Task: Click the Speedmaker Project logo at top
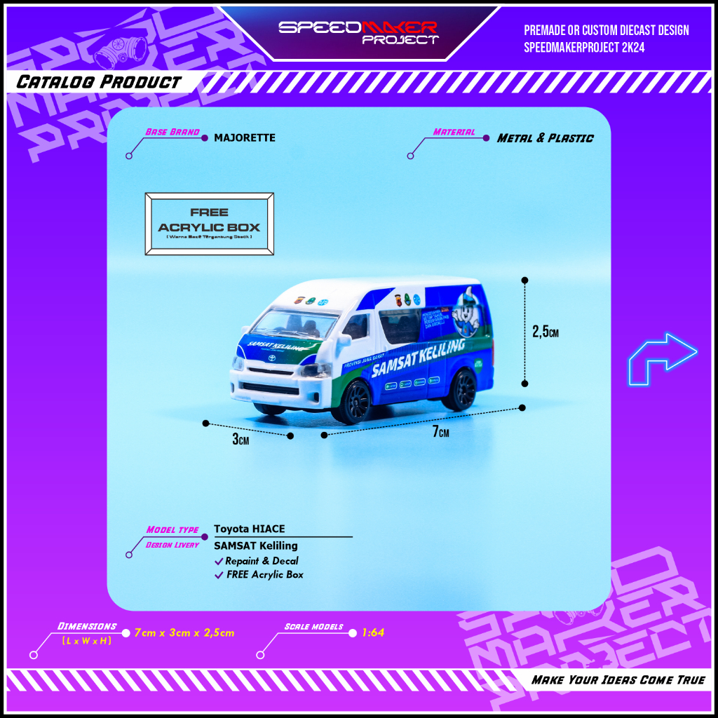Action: (358, 32)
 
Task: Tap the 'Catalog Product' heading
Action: (98, 82)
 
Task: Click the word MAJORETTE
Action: (244, 138)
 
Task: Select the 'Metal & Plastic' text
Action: (545, 138)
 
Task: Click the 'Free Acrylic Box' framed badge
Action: (209, 224)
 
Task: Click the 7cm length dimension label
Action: (440, 432)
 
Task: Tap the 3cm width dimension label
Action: (241, 440)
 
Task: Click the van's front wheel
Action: (355, 402)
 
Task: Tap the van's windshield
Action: (295, 324)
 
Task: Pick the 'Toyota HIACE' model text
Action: (250, 529)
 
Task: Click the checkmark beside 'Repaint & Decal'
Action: (219, 561)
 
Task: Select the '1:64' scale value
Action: (373, 632)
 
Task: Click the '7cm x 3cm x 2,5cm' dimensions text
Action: (184, 632)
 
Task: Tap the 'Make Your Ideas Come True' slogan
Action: (618, 679)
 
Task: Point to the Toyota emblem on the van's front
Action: (271, 358)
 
